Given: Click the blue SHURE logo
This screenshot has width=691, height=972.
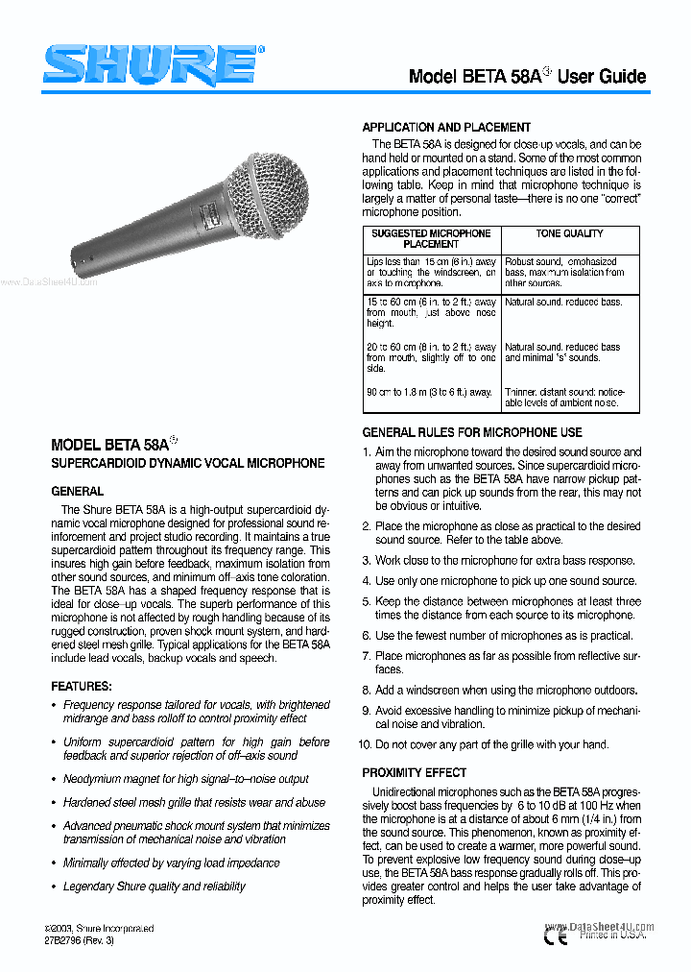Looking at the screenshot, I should point(148,67).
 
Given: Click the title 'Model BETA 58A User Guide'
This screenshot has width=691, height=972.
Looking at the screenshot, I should point(527,77).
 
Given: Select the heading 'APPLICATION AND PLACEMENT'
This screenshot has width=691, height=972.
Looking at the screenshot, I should point(446,127).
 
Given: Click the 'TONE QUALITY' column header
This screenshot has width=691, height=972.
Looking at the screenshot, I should point(569,233).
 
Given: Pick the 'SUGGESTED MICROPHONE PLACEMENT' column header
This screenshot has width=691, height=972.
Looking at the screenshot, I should point(431,239).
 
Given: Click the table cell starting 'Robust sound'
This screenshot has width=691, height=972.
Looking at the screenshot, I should point(564,273).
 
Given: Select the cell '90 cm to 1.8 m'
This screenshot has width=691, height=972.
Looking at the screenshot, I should point(429,392).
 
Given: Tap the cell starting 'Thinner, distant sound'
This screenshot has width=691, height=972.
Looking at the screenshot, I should point(564,398).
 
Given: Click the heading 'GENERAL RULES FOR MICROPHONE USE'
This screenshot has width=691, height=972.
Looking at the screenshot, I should point(472,433).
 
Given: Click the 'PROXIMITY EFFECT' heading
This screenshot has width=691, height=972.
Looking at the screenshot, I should point(415,773).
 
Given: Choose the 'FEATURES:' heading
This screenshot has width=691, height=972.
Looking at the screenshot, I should point(82,687).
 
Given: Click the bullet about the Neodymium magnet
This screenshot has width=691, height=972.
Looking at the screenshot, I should point(185,779).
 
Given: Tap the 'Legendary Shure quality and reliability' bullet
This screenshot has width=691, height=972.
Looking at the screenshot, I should point(154,887).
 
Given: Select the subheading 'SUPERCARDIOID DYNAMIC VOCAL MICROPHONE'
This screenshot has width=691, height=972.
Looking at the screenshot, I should point(187,464).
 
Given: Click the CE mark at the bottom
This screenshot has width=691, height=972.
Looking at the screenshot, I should point(556,934).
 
